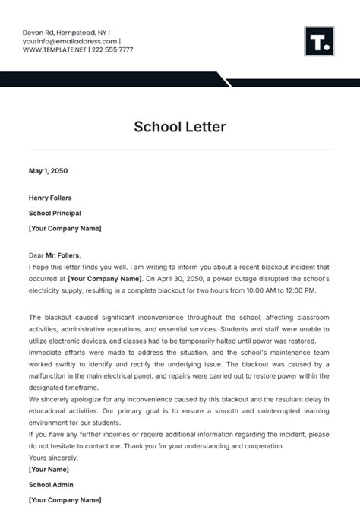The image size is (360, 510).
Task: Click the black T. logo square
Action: [x=319, y=41]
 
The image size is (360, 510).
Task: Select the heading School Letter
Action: [x=180, y=127]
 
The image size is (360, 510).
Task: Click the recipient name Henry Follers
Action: [x=50, y=198]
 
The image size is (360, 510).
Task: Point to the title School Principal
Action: [x=55, y=214]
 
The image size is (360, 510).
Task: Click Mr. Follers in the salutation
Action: [x=63, y=255]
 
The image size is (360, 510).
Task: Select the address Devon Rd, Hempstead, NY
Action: [x=64, y=33]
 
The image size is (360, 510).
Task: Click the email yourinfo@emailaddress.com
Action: [x=69, y=41]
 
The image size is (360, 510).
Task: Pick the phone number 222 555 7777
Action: [x=112, y=49]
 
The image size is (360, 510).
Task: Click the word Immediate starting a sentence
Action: [x=47, y=353]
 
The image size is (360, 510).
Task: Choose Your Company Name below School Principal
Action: [x=65, y=228]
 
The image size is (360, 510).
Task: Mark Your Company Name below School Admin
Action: [x=65, y=499]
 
